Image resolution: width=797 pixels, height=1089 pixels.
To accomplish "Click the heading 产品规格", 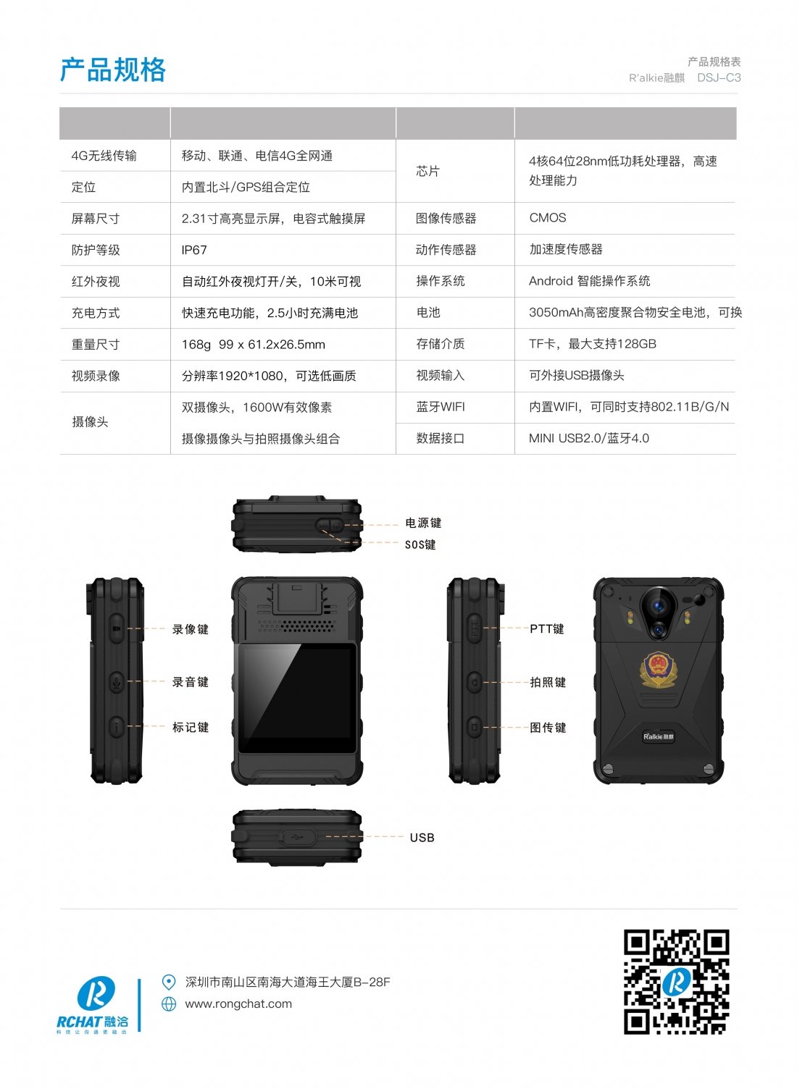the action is coord(113,70).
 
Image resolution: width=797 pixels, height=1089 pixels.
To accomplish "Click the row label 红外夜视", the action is coord(96,282).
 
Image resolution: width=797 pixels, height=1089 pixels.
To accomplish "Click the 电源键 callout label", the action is coord(423,523).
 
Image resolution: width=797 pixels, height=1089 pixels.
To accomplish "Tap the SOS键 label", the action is coord(420,544).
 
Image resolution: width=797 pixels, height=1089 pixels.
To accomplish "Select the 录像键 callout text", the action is coord(191,630).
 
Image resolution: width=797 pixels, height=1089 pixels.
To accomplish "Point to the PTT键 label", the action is coord(547,629).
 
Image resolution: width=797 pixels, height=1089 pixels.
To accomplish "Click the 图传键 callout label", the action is coord(548,728).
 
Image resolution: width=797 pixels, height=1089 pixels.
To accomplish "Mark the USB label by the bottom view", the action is coord(422,838).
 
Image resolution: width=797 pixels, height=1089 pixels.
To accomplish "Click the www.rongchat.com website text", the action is coord(238,1004).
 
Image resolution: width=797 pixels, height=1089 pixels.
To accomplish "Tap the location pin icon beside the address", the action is coord(168,982).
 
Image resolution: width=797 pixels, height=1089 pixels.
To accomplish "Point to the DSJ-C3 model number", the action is coord(719,77).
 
